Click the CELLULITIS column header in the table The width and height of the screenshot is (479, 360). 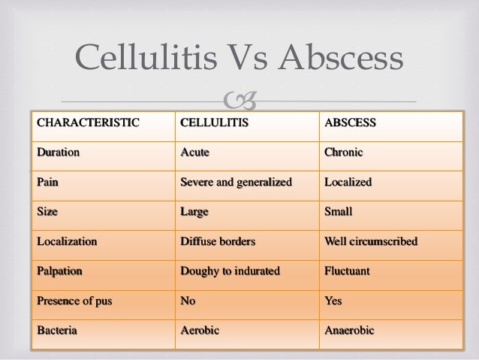[x=214, y=123]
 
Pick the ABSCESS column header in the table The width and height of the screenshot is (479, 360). [x=350, y=123]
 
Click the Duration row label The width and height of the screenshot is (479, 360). [x=59, y=153]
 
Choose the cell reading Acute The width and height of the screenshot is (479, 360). [x=195, y=153]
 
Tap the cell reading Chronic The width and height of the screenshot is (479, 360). [x=343, y=153]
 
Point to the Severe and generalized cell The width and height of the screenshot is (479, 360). [x=235, y=183]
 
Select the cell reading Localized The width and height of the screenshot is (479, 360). [x=348, y=183]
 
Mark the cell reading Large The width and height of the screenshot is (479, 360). [x=194, y=212]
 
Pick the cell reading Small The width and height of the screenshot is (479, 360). [x=339, y=212]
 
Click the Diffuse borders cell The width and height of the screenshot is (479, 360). [x=218, y=242]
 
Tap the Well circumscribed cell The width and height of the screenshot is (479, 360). [x=371, y=242]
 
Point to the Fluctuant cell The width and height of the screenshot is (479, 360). [x=347, y=271]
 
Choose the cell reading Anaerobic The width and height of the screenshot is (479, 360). [x=349, y=331]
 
